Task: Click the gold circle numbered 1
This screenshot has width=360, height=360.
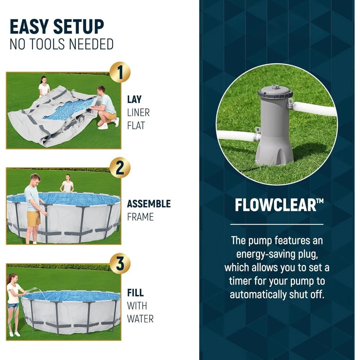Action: pos(120,72)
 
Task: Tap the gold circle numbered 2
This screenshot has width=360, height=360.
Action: pos(120,168)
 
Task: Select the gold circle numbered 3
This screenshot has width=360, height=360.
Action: pos(120,264)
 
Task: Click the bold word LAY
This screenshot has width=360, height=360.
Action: pos(134,99)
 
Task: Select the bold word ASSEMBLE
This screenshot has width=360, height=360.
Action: pos(149,204)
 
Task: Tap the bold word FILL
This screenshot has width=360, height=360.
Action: pos(135,293)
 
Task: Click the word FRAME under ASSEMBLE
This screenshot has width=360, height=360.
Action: pos(140,217)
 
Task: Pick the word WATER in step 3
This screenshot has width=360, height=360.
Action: pos(140,319)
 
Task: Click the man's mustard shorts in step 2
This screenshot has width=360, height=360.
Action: pos(33,219)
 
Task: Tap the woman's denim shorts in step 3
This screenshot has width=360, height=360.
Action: pos(13,306)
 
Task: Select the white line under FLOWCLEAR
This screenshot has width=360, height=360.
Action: pos(276,224)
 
